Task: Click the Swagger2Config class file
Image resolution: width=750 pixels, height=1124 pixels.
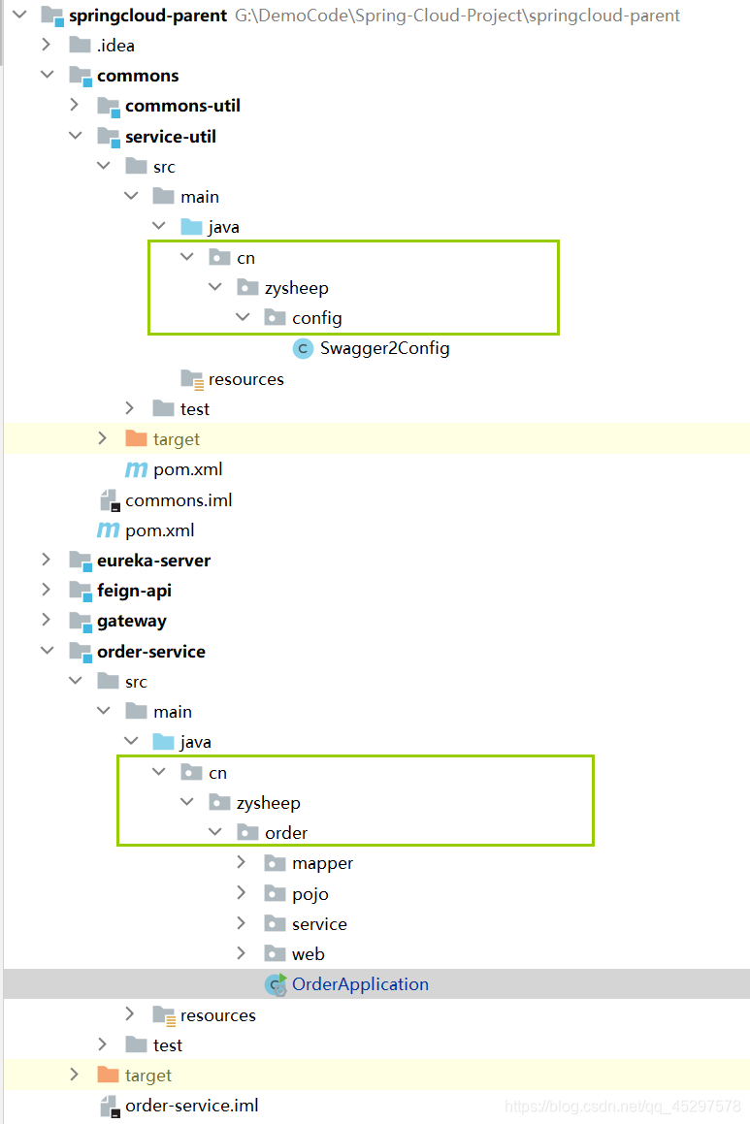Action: pyautogui.click(x=384, y=348)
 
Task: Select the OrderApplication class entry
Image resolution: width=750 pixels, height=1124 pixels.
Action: pyautogui.click(x=360, y=984)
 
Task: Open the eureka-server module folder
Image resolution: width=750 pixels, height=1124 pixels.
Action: pyautogui.click(x=153, y=561)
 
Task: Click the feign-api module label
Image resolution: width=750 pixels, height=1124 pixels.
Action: pyautogui.click(x=134, y=591)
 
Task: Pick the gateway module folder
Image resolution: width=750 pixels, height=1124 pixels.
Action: pyautogui.click(x=131, y=621)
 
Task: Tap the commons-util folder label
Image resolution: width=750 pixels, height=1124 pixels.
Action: pyautogui.click(x=182, y=106)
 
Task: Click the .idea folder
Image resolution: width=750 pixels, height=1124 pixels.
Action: pyautogui.click(x=115, y=46)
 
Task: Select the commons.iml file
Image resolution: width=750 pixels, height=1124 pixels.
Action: pyautogui.click(x=179, y=500)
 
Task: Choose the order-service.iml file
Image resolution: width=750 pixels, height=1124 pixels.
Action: pyautogui.click(x=191, y=1106)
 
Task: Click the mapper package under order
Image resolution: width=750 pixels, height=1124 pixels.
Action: pyautogui.click(x=322, y=863)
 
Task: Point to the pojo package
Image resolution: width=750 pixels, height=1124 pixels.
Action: pyautogui.click(x=310, y=894)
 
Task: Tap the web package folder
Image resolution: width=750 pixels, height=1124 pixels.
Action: pyautogui.click(x=308, y=954)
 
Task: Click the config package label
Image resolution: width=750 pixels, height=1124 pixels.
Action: pyautogui.click(x=316, y=318)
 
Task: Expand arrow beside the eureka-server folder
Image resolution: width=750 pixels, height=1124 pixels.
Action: pyautogui.click(x=46, y=561)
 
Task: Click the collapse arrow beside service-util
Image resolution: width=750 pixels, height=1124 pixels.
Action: pyautogui.click(x=75, y=137)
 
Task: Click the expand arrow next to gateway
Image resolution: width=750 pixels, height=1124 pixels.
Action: pyautogui.click(x=46, y=621)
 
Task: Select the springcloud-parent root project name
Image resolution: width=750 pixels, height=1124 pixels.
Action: pyautogui.click(x=147, y=16)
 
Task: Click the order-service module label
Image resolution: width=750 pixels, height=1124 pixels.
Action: pyautogui.click(x=150, y=652)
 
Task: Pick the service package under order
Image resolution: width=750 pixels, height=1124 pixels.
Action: pyautogui.click(x=319, y=924)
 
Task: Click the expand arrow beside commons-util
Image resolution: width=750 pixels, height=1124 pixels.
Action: pyautogui.click(x=75, y=106)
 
